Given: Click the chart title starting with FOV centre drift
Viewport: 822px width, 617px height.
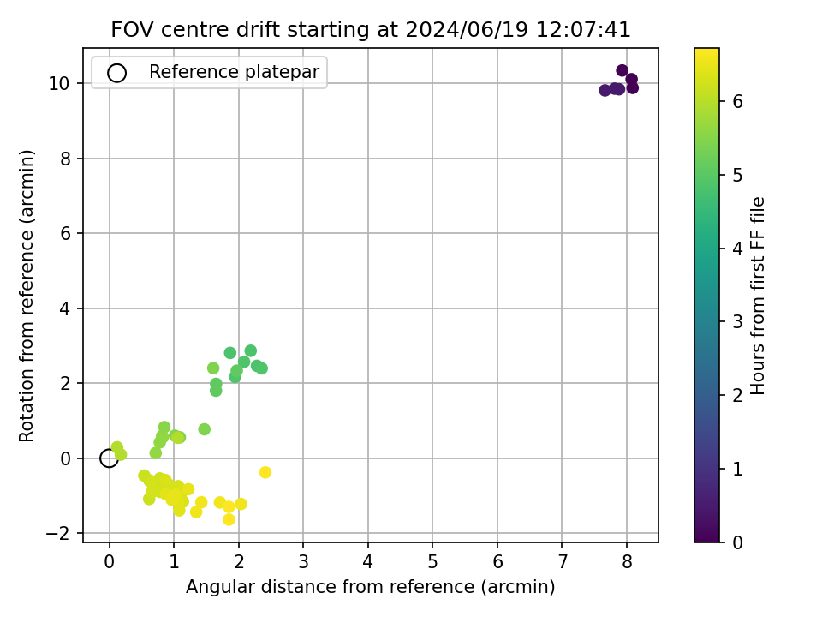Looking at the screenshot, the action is click(371, 29).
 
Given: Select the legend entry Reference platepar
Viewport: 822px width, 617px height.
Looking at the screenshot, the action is click(234, 72).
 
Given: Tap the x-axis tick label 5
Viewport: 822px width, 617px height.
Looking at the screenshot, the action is click(432, 562).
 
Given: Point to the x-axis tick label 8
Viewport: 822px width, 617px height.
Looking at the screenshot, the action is click(627, 562).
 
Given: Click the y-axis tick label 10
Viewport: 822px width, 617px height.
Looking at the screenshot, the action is click(60, 83).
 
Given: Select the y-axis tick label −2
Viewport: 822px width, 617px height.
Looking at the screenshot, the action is click(58, 534).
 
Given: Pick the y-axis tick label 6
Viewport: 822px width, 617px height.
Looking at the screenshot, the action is click(66, 233).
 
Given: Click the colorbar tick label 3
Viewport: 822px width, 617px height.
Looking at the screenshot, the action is click(737, 321).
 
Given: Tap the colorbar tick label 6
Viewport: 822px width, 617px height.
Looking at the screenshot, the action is click(737, 101).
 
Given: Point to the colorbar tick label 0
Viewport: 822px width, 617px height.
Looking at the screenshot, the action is click(737, 542).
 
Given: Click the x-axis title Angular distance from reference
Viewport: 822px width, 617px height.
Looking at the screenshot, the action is click(370, 586).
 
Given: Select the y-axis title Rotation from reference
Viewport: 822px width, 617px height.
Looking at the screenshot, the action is click(27, 296).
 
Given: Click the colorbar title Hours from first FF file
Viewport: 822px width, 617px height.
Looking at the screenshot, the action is click(758, 296).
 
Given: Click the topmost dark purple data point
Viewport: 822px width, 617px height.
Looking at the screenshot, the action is click(622, 70).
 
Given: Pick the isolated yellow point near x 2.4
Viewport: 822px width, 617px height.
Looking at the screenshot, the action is click(265, 472).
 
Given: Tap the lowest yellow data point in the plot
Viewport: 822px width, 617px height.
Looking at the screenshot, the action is click(229, 519).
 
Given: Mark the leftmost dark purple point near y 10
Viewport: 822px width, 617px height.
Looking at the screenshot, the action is click(605, 90).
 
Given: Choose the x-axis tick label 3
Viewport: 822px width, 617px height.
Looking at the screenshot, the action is click(303, 562).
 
